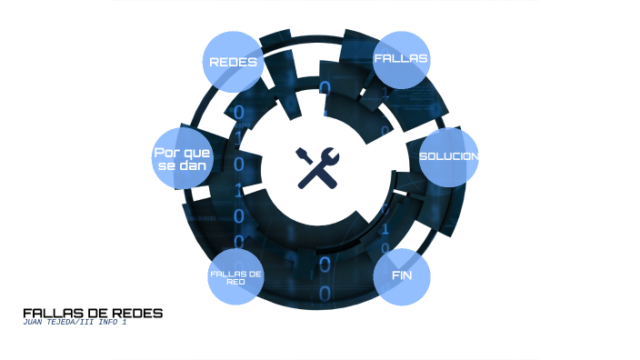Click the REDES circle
(x=233, y=62)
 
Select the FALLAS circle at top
(x=401, y=60)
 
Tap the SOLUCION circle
(x=448, y=157)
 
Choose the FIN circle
(x=402, y=276)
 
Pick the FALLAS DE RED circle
(x=236, y=276)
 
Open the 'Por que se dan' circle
(x=182, y=158)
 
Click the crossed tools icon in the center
(x=317, y=168)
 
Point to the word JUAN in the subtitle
(x=33, y=322)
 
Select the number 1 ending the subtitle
(x=124, y=322)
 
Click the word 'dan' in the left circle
(x=194, y=165)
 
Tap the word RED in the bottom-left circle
(x=236, y=282)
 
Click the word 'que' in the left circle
(x=196, y=154)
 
